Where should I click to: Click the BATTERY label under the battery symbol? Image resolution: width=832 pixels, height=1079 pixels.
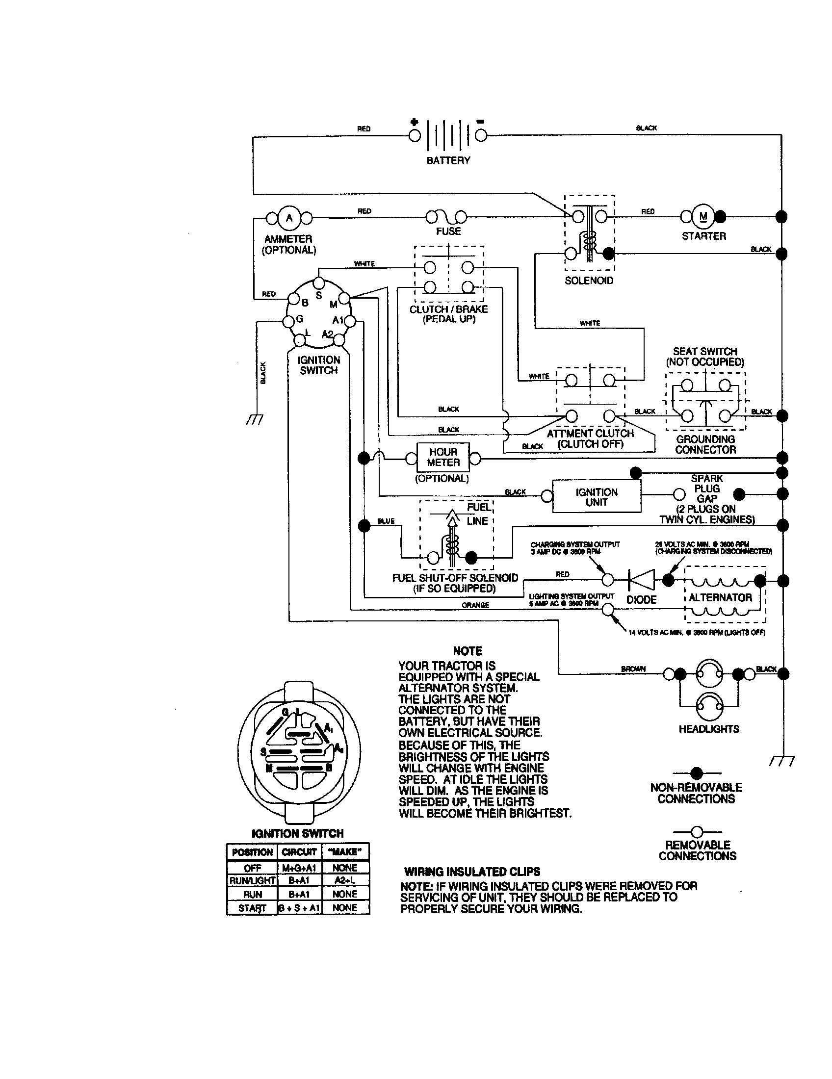448,160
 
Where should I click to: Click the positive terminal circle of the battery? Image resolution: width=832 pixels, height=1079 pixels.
415,135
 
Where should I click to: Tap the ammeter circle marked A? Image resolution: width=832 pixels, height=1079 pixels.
289,218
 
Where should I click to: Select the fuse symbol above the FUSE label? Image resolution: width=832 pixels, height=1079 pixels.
446,216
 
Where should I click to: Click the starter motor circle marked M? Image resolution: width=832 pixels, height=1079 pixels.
703,216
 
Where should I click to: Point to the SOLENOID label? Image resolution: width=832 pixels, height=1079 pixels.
589,280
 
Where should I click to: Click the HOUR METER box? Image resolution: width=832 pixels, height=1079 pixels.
443,457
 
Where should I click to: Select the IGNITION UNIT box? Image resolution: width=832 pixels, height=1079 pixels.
597,497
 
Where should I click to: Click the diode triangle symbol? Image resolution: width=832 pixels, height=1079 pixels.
641,580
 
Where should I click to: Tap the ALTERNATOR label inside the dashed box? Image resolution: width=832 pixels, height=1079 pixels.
720,597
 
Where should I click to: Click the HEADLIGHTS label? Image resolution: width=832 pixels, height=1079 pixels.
709,729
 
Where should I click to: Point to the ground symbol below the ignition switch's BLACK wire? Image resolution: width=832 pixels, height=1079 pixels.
255,419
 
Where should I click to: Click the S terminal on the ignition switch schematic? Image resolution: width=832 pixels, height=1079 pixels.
319,283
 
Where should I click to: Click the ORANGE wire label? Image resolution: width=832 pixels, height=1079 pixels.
475,605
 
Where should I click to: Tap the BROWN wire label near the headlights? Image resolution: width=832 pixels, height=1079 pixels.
633,668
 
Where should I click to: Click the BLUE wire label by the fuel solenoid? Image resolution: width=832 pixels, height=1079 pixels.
386,521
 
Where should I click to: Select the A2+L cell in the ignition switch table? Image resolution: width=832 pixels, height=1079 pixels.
345,880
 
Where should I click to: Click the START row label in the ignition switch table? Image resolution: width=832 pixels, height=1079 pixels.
252,907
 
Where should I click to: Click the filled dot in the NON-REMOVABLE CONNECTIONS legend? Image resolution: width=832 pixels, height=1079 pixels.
697,772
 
